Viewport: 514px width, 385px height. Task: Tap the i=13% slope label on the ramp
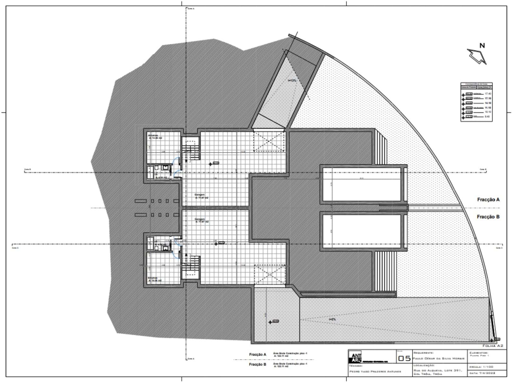[292, 81]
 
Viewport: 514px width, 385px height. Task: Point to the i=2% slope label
[332, 319]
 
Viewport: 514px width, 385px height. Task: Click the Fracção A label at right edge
[488, 200]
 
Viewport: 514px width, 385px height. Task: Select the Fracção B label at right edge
[488, 217]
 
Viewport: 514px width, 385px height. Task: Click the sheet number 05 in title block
[404, 358]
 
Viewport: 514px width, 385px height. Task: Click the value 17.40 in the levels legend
[488, 94]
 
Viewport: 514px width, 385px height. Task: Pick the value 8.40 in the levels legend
[488, 117]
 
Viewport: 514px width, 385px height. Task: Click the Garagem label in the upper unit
[199, 195]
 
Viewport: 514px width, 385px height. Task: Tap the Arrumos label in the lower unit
[153, 278]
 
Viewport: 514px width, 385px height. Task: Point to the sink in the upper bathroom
[165, 167]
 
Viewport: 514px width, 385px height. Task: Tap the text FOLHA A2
[492, 346]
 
